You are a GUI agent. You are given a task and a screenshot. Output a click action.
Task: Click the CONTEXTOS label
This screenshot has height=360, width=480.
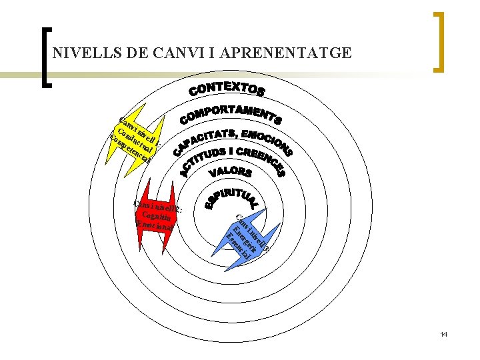228,89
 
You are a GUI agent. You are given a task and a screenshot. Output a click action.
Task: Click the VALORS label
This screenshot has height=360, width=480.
231,173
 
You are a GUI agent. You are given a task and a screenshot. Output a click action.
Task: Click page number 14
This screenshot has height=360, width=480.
443,333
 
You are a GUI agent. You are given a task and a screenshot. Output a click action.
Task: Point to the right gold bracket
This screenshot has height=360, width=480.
439,41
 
